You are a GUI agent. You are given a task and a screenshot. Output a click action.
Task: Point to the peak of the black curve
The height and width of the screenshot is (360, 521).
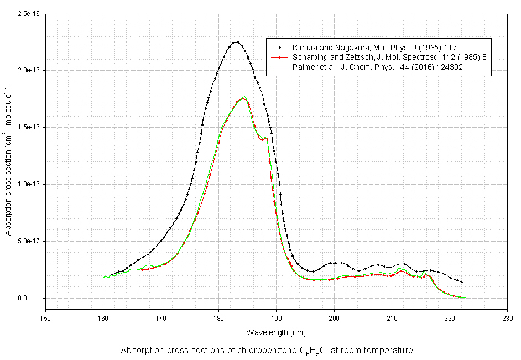tap(236, 42)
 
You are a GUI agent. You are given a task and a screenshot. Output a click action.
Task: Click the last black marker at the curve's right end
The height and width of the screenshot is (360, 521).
tap(462, 283)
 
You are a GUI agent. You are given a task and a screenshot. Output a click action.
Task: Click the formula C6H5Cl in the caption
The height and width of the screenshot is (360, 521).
tap(315, 351)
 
